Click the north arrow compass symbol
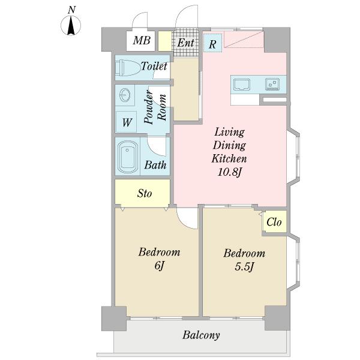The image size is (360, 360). (x=71, y=25)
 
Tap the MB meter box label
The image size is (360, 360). (x=142, y=41)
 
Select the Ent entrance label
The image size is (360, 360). (x=186, y=43)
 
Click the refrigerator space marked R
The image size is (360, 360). (x=212, y=44)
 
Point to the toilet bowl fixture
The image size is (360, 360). (x=127, y=68)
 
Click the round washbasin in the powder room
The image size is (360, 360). (x=125, y=95)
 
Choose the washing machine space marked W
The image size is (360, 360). (x=126, y=122)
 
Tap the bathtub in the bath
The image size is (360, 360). (x=128, y=157)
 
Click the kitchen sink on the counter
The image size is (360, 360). (x=242, y=85)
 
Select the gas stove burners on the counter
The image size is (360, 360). (x=272, y=84)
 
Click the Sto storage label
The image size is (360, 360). (x=145, y=193)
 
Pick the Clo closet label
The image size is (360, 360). (x=274, y=222)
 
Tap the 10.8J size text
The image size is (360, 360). (x=230, y=172)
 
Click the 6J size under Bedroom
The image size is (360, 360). (x=159, y=266)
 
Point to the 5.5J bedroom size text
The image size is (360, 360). (x=244, y=267)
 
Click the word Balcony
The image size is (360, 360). (x=201, y=335)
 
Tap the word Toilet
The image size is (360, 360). (x=154, y=66)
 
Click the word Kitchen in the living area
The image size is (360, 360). (x=229, y=158)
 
